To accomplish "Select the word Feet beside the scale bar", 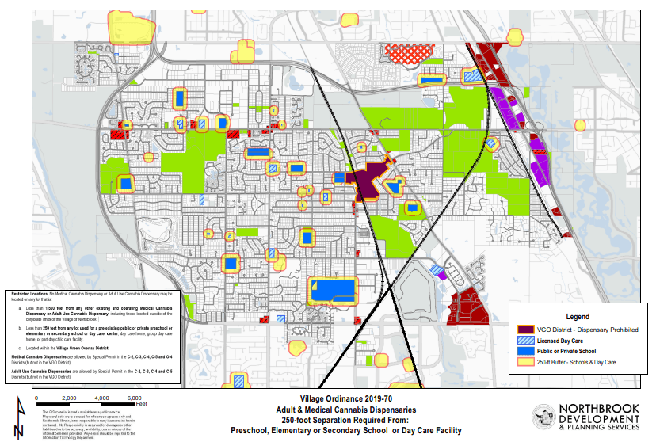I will click(x=143, y=404).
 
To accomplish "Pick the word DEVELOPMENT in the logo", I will click(x=598, y=417).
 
